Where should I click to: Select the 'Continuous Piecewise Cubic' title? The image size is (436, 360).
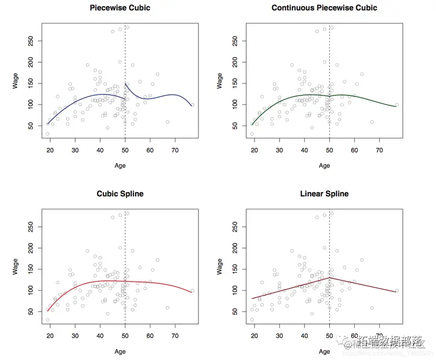(x=324, y=8)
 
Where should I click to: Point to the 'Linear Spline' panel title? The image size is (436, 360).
(x=324, y=194)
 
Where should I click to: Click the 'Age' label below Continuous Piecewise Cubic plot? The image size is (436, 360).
(x=324, y=165)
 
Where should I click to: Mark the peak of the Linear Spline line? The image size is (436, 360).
(x=330, y=277)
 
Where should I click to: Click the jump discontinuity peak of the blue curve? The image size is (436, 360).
(x=126, y=83)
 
